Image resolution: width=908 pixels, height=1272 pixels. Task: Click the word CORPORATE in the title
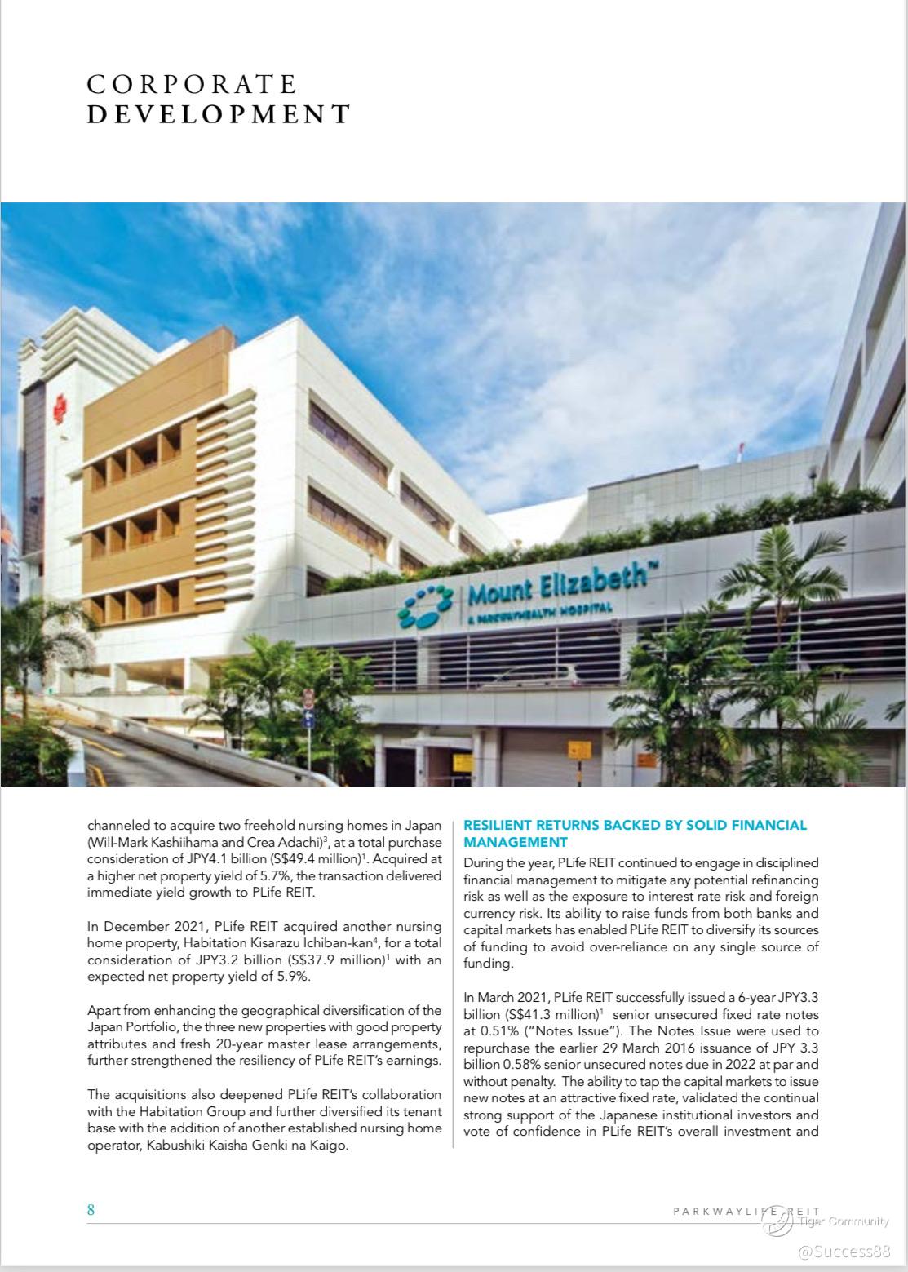coord(192,85)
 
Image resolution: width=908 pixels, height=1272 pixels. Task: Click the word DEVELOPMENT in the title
coord(219,114)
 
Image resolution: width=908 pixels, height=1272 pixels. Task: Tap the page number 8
coord(91,1210)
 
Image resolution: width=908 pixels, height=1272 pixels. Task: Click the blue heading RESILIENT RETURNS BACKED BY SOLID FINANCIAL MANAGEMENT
coord(635,833)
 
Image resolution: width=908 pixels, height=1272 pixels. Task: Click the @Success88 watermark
coord(844,1251)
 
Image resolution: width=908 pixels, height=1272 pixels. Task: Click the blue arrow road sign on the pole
coord(308,720)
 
